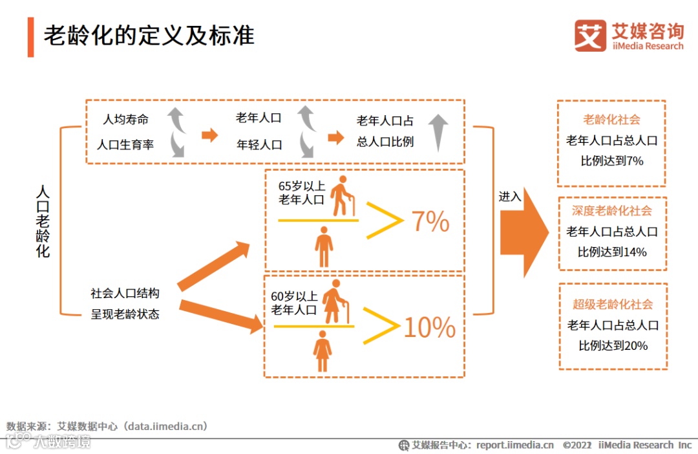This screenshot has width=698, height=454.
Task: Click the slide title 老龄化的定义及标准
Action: coord(149,36)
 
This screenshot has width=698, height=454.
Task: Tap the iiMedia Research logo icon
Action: coord(590,36)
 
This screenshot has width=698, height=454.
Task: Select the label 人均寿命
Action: coord(126,120)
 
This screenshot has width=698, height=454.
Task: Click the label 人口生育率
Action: coord(125,144)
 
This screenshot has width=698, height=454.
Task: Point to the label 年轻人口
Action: coord(259,144)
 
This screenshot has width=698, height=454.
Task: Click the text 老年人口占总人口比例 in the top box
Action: coord(385,131)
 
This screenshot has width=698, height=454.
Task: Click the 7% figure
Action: coord(430,222)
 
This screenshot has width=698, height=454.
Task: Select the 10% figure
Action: coord(430,329)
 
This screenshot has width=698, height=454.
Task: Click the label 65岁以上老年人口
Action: coord(301,193)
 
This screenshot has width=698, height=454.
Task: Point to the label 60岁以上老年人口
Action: coord(294,303)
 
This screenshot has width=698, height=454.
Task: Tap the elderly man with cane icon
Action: coord(342,196)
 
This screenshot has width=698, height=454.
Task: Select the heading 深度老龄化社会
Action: coord(612,211)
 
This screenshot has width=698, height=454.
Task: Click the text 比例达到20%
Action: coord(613,345)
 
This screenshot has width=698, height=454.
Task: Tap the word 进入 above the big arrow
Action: coord(510,197)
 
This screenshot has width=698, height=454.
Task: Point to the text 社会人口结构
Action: coord(125,293)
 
